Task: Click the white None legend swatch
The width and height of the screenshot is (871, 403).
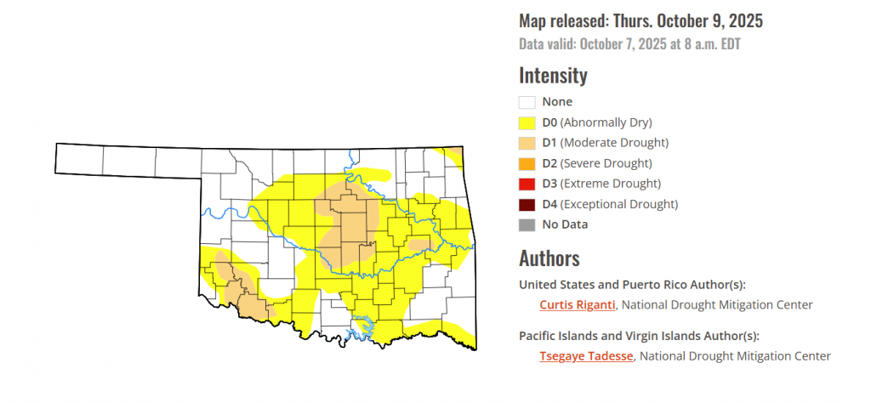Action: point(527,102)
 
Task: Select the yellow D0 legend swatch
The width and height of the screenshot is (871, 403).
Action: point(527,122)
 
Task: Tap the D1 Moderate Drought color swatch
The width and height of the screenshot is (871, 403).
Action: point(527,143)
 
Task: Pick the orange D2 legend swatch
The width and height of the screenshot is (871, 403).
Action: point(527,163)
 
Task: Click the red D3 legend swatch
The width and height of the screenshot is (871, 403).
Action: point(527,184)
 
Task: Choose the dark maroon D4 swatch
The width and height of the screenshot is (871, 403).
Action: point(527,204)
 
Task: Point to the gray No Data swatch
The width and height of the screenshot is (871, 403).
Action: point(527,224)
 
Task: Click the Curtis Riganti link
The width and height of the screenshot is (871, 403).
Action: point(578,304)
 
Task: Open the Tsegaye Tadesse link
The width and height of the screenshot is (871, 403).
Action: point(586,356)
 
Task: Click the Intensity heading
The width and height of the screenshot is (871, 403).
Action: point(553,75)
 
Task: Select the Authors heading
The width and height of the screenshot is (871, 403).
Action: point(549,258)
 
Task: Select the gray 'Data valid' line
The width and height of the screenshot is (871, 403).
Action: point(629,44)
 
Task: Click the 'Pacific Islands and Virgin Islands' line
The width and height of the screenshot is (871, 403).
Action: point(639,336)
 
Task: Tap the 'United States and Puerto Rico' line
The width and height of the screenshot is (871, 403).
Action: point(638,284)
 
